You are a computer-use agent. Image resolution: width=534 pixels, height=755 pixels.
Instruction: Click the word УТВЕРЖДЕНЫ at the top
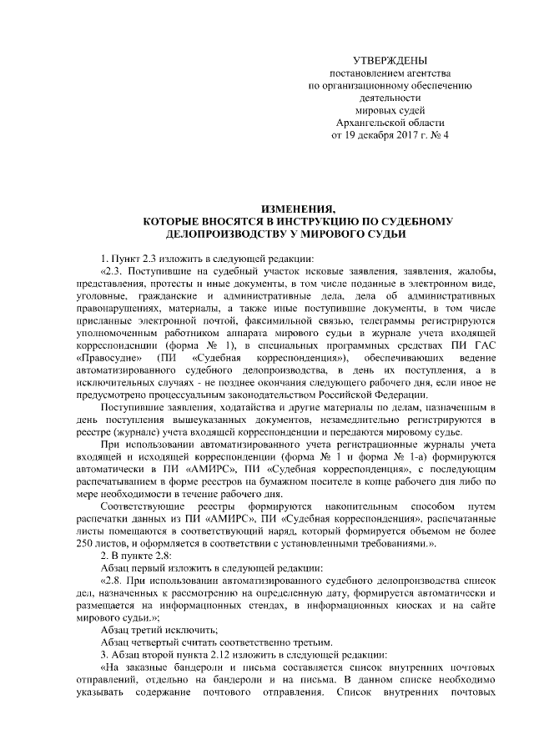coord(390,61)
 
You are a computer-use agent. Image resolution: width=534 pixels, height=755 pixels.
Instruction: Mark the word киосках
coord(393,604)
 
